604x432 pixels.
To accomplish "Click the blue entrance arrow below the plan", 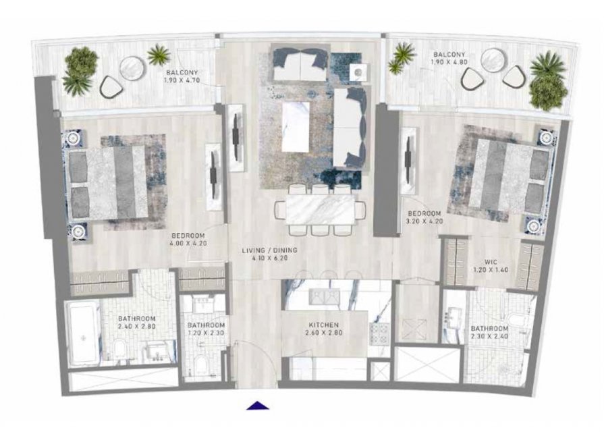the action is [x=258, y=405].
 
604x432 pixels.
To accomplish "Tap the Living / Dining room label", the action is [x=270, y=250].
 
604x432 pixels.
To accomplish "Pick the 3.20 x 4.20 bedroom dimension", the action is [x=425, y=221].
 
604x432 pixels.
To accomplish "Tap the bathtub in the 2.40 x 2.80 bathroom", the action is [x=82, y=333].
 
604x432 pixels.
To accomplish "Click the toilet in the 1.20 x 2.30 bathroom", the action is [x=200, y=365].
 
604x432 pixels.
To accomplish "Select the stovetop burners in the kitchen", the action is [x=380, y=333].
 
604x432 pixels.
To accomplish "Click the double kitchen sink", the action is [x=325, y=297].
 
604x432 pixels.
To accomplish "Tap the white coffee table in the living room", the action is [x=296, y=127].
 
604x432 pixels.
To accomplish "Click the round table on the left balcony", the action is [x=132, y=68].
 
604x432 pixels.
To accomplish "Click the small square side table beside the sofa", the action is [x=358, y=72].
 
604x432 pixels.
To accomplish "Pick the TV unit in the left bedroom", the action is [x=213, y=177].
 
